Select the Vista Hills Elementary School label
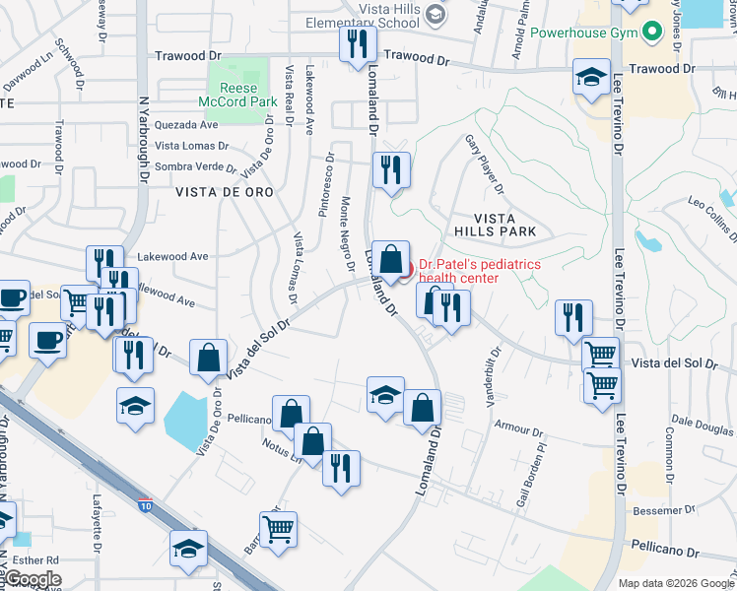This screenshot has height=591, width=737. coord(362,14)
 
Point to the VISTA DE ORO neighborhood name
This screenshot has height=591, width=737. coord(221,193)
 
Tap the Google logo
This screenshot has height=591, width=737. coord(33,579)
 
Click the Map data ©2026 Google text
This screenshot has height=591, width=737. coord(676,582)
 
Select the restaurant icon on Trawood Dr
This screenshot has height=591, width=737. coord(356,43)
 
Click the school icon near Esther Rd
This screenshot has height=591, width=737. coord(188,550)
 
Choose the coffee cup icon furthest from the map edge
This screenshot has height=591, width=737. coord(46,341)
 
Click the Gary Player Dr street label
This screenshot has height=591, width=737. coord(484,164)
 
